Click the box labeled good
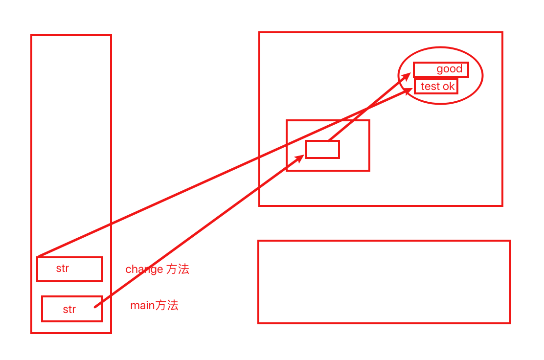coord(441,69)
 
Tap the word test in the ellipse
coord(430,87)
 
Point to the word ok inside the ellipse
coord(449,87)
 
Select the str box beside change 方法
coord(69,269)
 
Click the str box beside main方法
coord(72,309)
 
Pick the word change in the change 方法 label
coord(144,269)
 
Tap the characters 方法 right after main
coord(167,306)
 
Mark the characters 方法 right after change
coord(178,269)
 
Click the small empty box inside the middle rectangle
coord(322,149)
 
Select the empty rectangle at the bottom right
coord(384,282)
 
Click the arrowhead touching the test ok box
coord(409,91)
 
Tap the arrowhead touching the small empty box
coord(300,158)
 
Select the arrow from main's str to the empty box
coord(196,232)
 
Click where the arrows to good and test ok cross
coord(368,108)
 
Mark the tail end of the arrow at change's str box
coord(39,256)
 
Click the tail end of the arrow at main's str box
coord(95,306)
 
